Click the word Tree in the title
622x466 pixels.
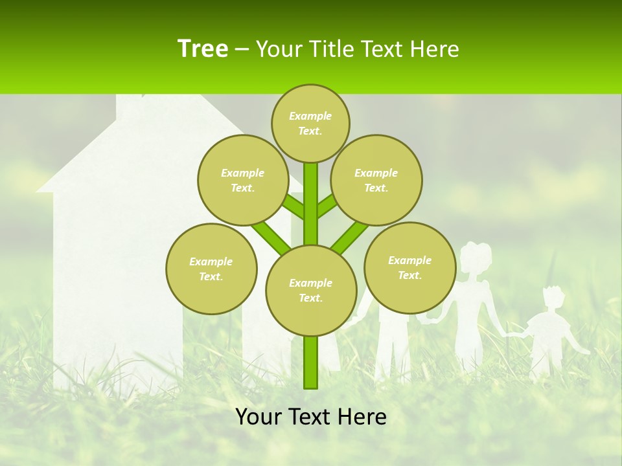[x=203, y=49]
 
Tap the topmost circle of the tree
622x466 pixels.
[x=310, y=123]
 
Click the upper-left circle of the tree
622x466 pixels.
[x=243, y=180]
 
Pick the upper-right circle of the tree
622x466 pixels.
[x=376, y=180]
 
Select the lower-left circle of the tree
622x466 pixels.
[x=211, y=269]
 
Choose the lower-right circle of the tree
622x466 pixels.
[x=409, y=267]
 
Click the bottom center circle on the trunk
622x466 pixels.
[x=311, y=290]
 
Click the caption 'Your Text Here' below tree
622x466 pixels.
[x=311, y=417]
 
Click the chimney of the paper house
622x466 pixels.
[x=129, y=107]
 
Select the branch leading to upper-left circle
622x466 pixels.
[x=292, y=206]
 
